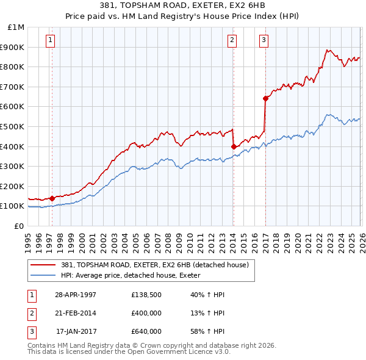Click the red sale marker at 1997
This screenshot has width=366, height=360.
click(x=52, y=198)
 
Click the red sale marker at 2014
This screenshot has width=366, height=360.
click(x=234, y=146)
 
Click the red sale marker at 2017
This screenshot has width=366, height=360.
click(x=265, y=98)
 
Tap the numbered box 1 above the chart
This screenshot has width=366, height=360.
click(x=49, y=40)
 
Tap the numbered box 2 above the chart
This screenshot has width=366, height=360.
click(x=232, y=40)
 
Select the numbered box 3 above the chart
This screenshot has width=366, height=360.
click(x=264, y=40)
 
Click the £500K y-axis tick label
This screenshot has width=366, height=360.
click(x=13, y=126)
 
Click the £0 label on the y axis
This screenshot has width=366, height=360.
click(x=20, y=226)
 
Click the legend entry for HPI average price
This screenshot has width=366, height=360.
click(x=135, y=275)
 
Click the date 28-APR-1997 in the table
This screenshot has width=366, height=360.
click(x=76, y=294)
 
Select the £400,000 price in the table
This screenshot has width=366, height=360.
click(x=146, y=313)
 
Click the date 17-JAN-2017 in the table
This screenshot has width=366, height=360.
click(x=76, y=331)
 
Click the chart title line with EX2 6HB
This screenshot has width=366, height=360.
click(x=183, y=7)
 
